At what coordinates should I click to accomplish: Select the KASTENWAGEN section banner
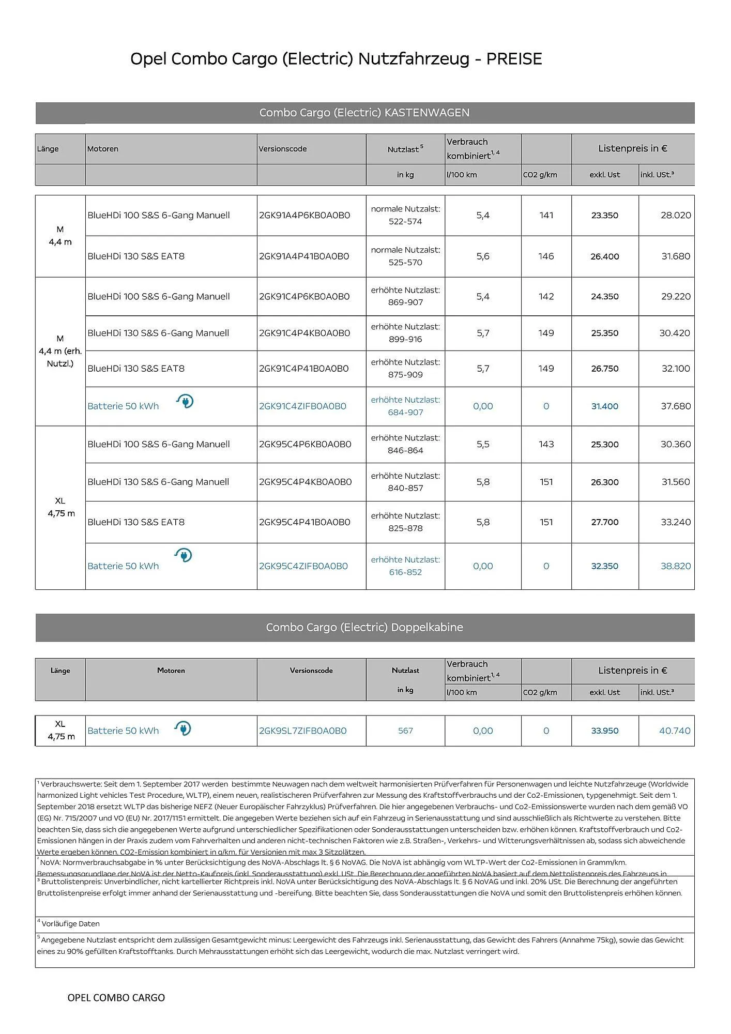pyautogui.click(x=364, y=113)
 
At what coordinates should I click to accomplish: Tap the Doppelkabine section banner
pyautogui.click(x=364, y=627)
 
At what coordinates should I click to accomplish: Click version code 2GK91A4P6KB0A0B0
pyautogui.click(x=304, y=215)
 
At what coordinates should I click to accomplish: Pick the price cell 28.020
pyautogui.click(x=675, y=215)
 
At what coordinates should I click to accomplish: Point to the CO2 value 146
pyautogui.click(x=546, y=256)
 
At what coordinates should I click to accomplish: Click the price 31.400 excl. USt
pyautogui.click(x=604, y=406)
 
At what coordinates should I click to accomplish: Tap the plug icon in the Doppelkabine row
pyautogui.click(x=183, y=728)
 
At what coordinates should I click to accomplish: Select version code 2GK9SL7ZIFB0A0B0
pyautogui.click(x=302, y=731)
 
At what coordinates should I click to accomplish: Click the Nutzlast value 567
pyautogui.click(x=405, y=731)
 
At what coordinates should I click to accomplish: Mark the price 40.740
pyautogui.click(x=675, y=731)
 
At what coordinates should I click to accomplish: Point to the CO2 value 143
pyautogui.click(x=546, y=444)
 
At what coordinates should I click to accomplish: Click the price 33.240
pyautogui.click(x=675, y=522)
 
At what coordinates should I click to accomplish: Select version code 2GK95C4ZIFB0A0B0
pyautogui.click(x=303, y=566)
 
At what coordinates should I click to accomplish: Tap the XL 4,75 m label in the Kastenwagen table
pyautogui.click(x=60, y=507)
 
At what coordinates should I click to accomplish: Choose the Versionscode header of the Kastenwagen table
pyautogui.click(x=283, y=149)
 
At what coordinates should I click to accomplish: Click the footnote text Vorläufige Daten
pyautogui.click(x=70, y=924)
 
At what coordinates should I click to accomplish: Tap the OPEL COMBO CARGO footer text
pyautogui.click(x=116, y=998)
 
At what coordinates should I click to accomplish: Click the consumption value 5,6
pyautogui.click(x=482, y=256)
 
